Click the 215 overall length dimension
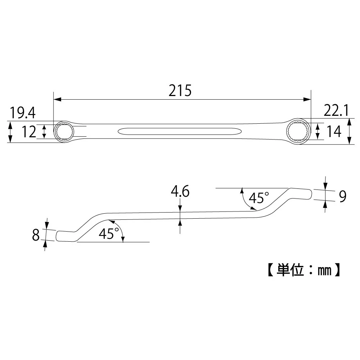(x=180, y=91)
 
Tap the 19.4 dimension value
(x=23, y=113)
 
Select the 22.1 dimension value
(x=336, y=110)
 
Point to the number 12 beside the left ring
(x=29, y=132)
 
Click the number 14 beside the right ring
(x=334, y=132)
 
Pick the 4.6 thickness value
(x=180, y=191)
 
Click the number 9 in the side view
(x=342, y=196)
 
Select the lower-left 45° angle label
(x=109, y=233)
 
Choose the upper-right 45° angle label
(x=259, y=198)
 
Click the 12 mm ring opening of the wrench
(x=64, y=132)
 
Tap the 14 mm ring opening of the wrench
(x=299, y=132)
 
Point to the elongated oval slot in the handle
(x=179, y=132)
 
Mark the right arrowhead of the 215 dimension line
(x=307, y=99)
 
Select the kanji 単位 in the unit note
(x=290, y=270)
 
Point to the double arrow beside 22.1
(x=349, y=131)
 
